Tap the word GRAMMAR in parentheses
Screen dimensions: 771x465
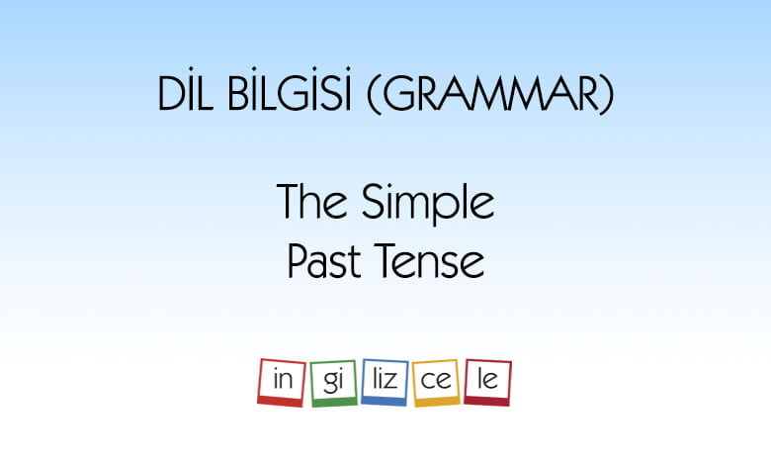coord(490,93)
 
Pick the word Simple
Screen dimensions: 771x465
coord(428,204)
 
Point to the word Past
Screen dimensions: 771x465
coord(324,261)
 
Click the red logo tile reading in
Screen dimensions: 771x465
coord(282,382)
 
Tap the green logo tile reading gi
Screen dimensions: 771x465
coord(333,383)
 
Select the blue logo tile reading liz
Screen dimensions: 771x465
coord(385,382)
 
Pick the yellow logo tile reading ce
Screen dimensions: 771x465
coord(436,383)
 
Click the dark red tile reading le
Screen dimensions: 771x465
coord(487,382)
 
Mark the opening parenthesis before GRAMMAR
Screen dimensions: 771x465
coord(375,94)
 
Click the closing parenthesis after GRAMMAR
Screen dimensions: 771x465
coord(607,94)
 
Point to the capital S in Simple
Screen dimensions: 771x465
coord(373,201)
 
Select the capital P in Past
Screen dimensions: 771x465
coord(299,261)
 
